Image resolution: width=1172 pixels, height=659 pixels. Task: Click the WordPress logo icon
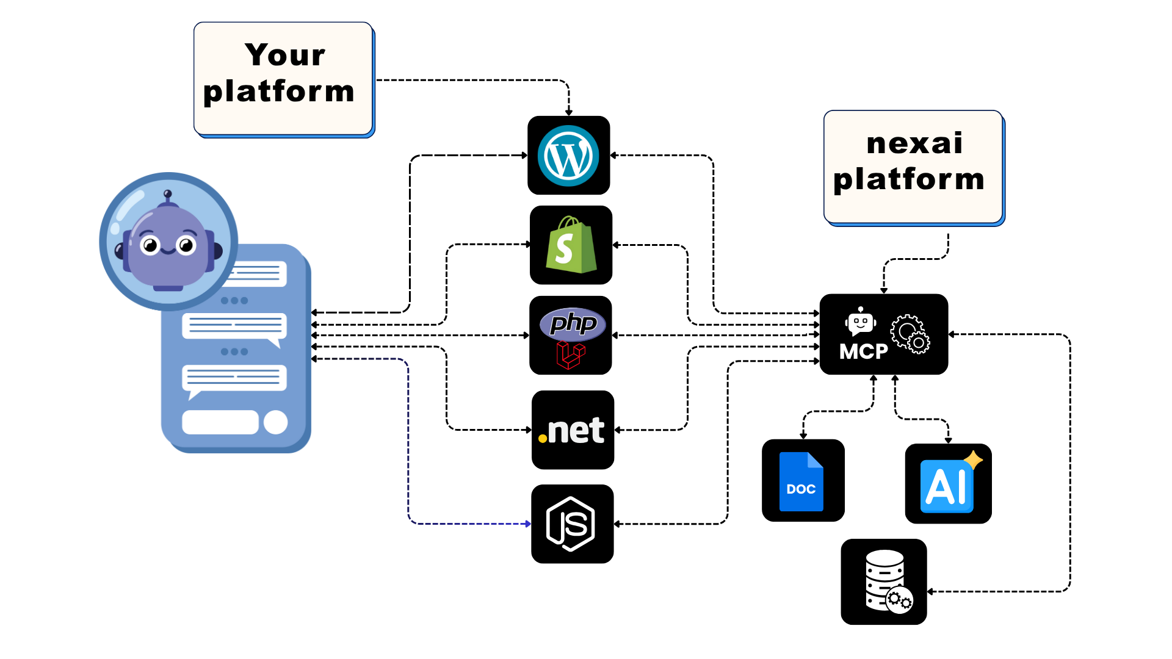coord(568,156)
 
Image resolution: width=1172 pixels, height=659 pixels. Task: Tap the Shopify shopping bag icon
coord(571,245)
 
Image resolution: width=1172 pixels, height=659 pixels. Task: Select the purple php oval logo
coord(573,323)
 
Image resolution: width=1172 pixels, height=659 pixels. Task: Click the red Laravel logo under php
coord(571,355)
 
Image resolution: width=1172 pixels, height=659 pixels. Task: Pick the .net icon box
coord(573,430)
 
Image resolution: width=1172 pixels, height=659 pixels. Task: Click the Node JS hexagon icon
coord(571,524)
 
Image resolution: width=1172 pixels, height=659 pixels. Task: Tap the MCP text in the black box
coord(863,351)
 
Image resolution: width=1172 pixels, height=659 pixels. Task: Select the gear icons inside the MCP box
coord(910,334)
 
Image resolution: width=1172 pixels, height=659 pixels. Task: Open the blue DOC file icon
coord(801,481)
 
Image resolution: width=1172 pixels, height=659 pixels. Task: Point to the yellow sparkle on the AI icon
coord(973,459)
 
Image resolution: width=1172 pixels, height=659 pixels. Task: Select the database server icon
coord(886,580)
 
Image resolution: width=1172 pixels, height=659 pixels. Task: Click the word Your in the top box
coord(284,55)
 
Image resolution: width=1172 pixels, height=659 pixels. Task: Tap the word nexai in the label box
coord(914,143)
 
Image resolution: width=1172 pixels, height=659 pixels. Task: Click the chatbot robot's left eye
coord(150,246)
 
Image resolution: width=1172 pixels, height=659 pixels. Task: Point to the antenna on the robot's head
coord(168,195)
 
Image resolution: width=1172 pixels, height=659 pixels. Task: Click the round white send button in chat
coord(275,422)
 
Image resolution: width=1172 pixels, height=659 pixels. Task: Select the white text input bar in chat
coord(220,422)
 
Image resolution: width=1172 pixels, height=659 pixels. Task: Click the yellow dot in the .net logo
coord(542,438)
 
